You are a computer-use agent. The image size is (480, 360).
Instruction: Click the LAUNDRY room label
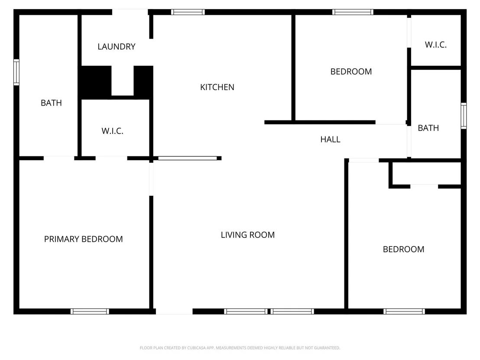click(x=117, y=46)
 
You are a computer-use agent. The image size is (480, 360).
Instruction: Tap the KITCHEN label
click(x=217, y=87)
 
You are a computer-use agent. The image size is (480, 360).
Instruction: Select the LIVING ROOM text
click(x=248, y=235)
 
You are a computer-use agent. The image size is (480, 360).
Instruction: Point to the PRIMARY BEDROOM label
click(x=83, y=239)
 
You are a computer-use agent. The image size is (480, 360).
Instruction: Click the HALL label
click(x=330, y=139)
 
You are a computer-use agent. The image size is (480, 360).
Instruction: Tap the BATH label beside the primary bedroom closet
click(x=51, y=103)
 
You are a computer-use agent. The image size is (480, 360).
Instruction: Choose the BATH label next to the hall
click(x=428, y=128)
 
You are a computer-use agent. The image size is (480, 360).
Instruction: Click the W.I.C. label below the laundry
click(x=112, y=131)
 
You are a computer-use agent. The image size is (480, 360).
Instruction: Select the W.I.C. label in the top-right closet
click(x=436, y=45)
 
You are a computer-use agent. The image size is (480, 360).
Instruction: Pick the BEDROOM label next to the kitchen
click(x=351, y=71)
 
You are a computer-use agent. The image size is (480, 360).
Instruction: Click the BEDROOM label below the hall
click(x=403, y=249)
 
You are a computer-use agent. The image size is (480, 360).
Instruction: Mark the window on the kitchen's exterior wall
click(x=188, y=12)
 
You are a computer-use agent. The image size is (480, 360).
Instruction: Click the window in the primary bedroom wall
click(x=90, y=311)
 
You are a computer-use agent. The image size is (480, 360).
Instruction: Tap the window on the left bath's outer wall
click(x=16, y=72)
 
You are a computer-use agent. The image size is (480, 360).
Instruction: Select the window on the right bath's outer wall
click(x=464, y=116)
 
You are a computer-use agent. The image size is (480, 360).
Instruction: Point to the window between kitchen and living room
click(x=188, y=158)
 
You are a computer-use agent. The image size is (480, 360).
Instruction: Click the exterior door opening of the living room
click(x=174, y=311)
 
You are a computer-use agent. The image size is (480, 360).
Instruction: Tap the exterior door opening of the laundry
click(x=130, y=12)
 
